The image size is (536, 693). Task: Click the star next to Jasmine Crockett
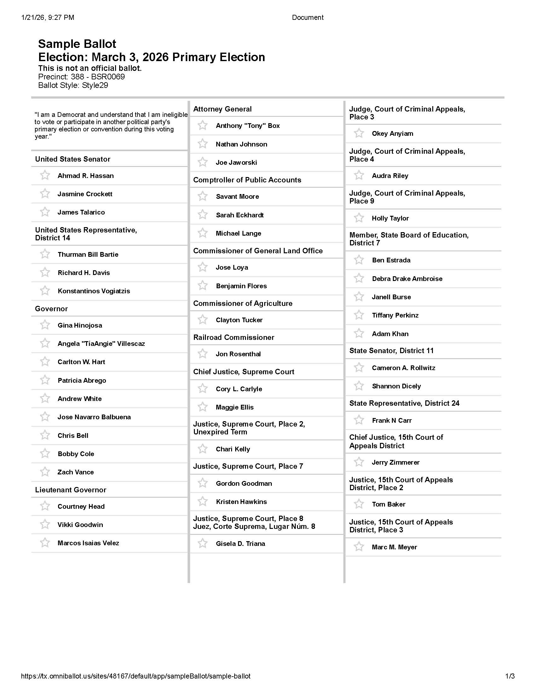click(x=45, y=193)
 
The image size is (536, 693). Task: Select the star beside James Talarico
click(x=45, y=212)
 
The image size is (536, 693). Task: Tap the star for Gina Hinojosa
click(x=45, y=325)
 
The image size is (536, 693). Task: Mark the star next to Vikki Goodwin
click(x=45, y=524)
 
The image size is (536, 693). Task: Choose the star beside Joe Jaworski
click(x=203, y=162)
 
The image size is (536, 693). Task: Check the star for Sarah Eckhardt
click(x=203, y=215)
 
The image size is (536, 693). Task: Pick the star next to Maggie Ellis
click(x=203, y=407)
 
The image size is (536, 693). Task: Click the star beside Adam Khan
click(x=359, y=334)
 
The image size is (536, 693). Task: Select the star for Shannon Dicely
click(x=359, y=386)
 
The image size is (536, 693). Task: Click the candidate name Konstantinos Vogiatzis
click(x=94, y=291)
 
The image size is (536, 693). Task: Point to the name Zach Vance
click(x=76, y=472)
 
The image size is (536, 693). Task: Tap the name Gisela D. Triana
click(x=240, y=544)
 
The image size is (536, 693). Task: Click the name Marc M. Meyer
click(x=394, y=547)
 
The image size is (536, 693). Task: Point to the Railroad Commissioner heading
click(x=234, y=337)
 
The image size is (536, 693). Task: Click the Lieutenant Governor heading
click(x=71, y=490)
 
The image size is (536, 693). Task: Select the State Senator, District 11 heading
click(x=391, y=351)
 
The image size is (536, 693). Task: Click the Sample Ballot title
click(x=77, y=44)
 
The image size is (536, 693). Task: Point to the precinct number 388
click(x=77, y=77)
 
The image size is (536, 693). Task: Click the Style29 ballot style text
click(x=95, y=85)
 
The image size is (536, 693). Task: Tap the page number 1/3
click(x=510, y=676)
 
